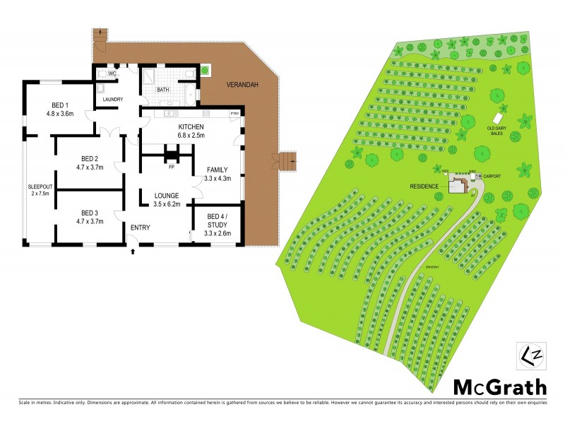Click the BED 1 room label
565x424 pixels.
60,108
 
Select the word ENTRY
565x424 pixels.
140,227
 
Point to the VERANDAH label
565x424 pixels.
242,85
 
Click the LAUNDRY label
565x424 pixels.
113,100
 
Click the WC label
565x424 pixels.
112,73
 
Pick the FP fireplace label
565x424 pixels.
170,167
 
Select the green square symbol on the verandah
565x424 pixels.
205,70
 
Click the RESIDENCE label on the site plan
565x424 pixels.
424,187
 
